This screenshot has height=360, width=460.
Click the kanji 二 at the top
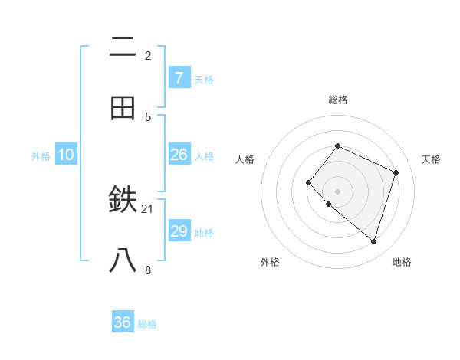click(x=123, y=47)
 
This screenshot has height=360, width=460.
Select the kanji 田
click(x=123, y=108)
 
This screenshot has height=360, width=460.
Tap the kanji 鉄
click(x=123, y=201)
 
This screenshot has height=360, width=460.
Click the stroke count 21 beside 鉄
click(x=148, y=208)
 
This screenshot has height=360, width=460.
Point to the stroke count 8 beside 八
click(x=148, y=269)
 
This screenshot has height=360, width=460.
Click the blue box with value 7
click(x=179, y=78)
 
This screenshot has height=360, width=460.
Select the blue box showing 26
click(x=179, y=155)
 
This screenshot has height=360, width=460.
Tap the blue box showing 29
click(x=179, y=231)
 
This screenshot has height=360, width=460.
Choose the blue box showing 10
click(x=66, y=155)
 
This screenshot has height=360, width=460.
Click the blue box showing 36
click(x=123, y=322)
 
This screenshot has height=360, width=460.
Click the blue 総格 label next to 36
click(x=147, y=324)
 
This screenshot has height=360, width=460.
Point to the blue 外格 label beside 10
click(x=41, y=156)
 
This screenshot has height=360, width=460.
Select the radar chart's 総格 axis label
click(x=338, y=100)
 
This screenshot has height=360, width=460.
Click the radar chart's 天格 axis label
click(x=431, y=159)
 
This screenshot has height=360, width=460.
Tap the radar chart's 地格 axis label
click(x=402, y=262)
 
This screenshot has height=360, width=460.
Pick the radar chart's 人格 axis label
click(x=245, y=159)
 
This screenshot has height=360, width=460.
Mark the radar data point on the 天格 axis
click(x=396, y=172)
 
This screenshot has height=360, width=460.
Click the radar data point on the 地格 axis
click(x=373, y=241)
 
